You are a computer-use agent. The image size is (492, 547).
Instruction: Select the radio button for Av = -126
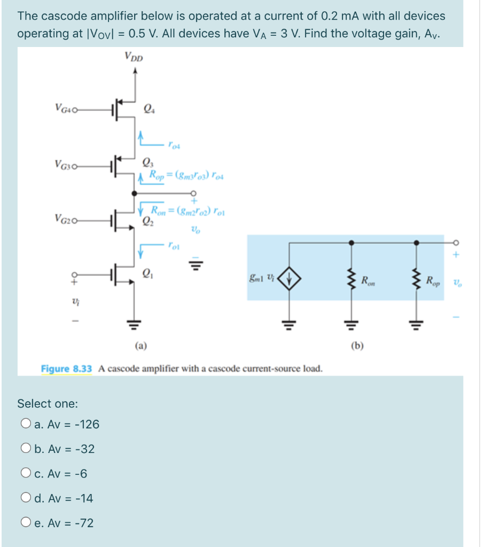pyautogui.click(x=26, y=425)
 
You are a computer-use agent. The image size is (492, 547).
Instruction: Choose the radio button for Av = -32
pyautogui.click(x=26, y=449)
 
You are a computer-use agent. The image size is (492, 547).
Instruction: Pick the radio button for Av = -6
pyautogui.click(x=26, y=474)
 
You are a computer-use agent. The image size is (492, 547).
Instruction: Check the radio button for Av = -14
pyautogui.click(x=26, y=498)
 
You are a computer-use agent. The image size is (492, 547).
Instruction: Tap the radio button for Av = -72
pyautogui.click(x=26, y=523)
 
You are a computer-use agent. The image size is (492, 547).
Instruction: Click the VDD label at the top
pyautogui.click(x=134, y=56)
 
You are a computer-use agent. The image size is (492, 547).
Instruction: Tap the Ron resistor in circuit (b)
pyautogui.click(x=351, y=280)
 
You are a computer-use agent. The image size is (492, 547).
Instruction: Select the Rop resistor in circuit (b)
pyautogui.click(x=418, y=280)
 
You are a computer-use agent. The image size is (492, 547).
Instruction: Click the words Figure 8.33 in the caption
pyautogui.click(x=67, y=369)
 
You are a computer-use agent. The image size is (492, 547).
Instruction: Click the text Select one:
pyautogui.click(x=48, y=403)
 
